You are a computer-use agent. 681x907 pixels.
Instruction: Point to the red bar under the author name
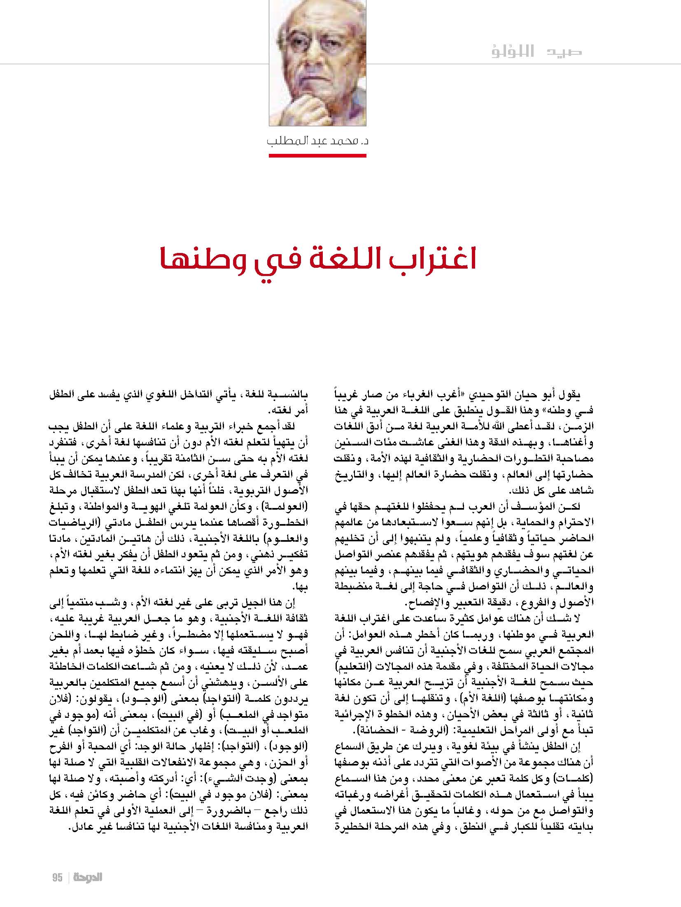[x=317, y=155]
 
